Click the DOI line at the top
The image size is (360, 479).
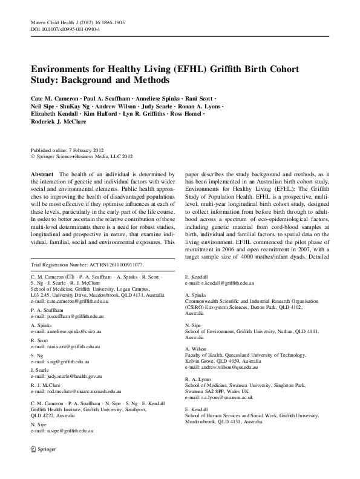click(x=65, y=28)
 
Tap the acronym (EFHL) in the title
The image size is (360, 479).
click(x=191, y=69)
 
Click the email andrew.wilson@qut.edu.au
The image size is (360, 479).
click(x=221, y=367)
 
